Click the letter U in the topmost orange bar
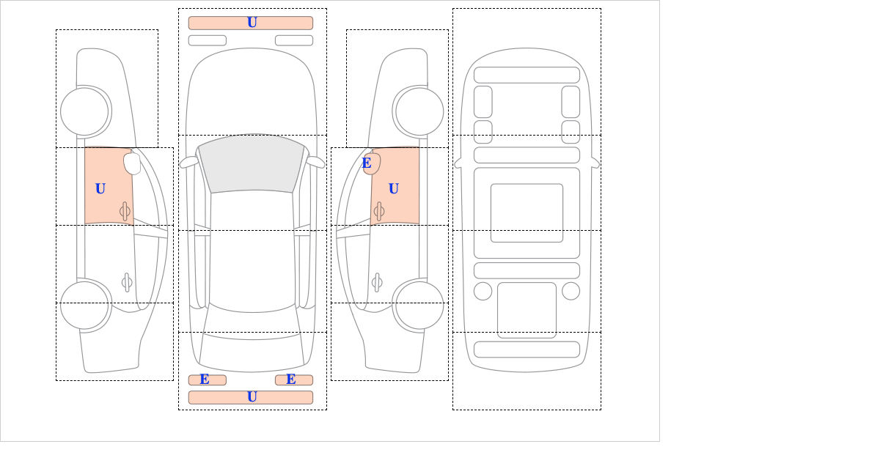click(252, 23)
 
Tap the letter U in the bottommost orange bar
click(252, 397)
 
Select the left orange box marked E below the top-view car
click(208, 380)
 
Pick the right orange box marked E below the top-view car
click(294, 380)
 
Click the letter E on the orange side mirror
click(367, 163)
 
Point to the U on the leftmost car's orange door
click(100, 189)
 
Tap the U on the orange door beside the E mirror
click(394, 189)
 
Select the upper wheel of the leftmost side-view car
click(84, 111)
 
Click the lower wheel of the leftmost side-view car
click(84, 305)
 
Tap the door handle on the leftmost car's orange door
click(125, 212)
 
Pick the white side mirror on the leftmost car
click(132, 163)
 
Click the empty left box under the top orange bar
click(208, 40)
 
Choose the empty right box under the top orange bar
click(294, 40)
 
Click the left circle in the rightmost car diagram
click(483, 292)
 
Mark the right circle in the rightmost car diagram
click(571, 292)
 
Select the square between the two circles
click(527, 310)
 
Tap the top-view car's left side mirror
click(188, 162)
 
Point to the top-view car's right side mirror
click(315, 162)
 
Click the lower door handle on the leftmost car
click(127, 282)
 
